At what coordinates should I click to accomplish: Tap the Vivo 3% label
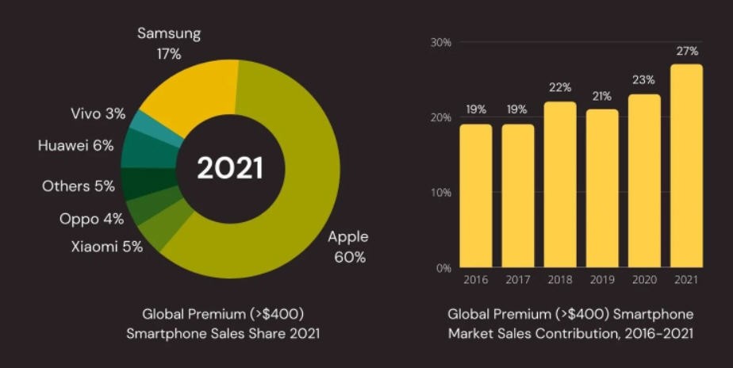[x=98, y=114]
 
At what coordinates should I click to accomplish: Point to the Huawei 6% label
[x=76, y=146]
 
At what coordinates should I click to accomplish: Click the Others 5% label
[x=79, y=186]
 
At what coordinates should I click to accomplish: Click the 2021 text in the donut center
[x=229, y=168]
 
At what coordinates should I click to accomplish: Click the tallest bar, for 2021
[x=686, y=167]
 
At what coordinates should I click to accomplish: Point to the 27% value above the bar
[x=687, y=52]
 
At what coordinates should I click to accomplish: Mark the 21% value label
[x=602, y=97]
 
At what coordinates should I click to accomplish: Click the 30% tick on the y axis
[x=440, y=42]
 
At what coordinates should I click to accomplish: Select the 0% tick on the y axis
[x=443, y=268]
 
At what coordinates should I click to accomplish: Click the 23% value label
[x=644, y=81]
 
